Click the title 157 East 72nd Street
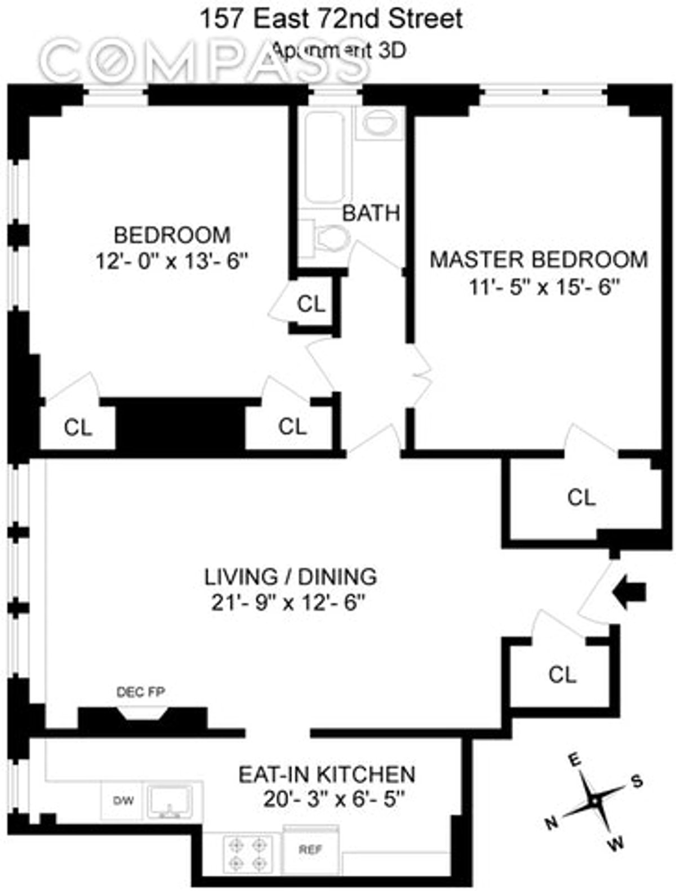pos(332,19)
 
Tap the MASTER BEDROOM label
pos(539,260)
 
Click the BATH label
pos(371,213)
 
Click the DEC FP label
pos(141,692)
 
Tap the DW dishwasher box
pos(123,800)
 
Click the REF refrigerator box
pos(310,850)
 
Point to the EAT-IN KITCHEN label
pos(327,774)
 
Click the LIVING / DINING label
pos(290,576)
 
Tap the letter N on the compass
pos(552,823)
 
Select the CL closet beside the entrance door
pos(562,674)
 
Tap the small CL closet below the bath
pos(311,304)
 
